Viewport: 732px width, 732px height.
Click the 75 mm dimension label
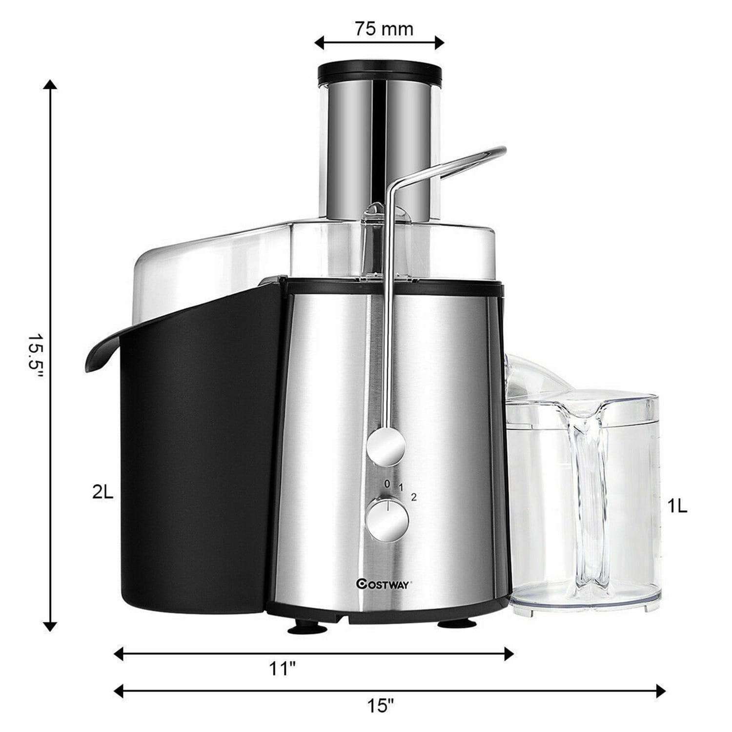tap(384, 29)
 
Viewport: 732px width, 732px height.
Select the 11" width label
tap(284, 669)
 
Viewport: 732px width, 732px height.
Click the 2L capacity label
tap(102, 493)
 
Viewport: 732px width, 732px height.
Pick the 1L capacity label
tap(677, 507)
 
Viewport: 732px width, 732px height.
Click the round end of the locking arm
tap(386, 445)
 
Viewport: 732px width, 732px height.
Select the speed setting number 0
tap(387, 484)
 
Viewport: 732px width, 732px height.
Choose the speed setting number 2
tap(414, 497)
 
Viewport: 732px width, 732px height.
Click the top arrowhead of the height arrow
tap(50, 85)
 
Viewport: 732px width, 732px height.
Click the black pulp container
tap(195, 449)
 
